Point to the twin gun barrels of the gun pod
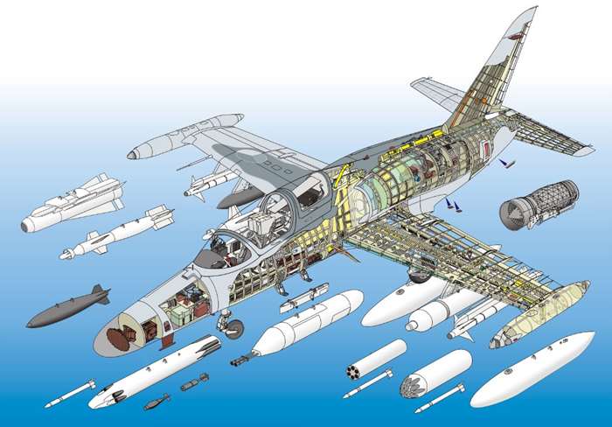(237, 360)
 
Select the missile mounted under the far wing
(210, 183)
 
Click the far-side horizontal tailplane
(437, 93)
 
